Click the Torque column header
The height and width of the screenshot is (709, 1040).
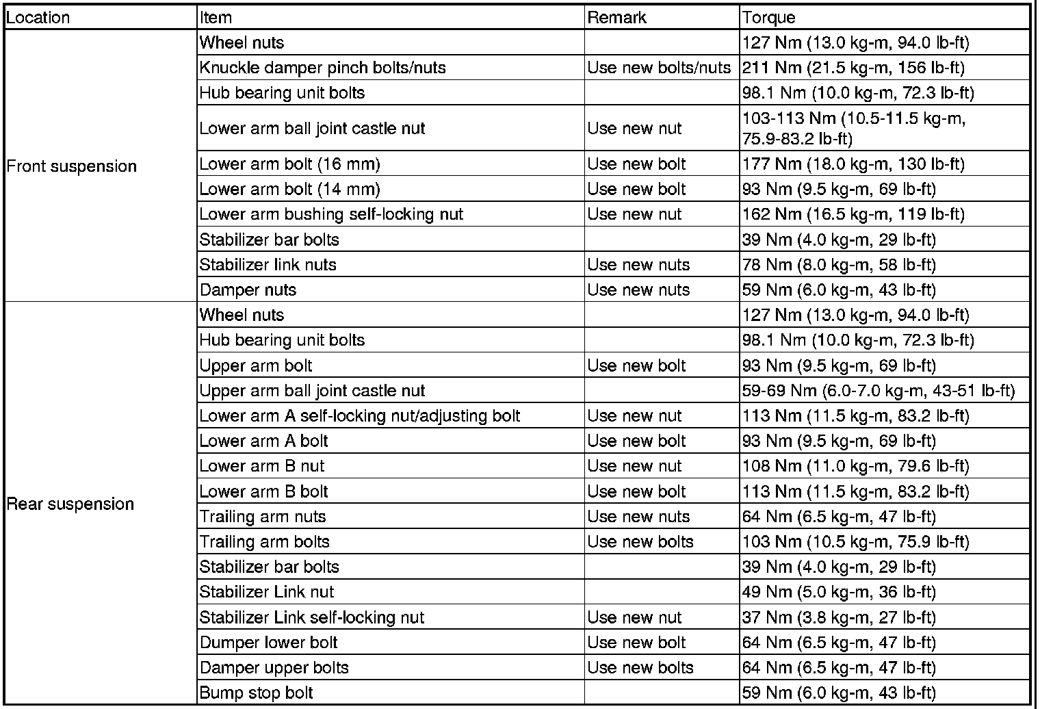pos(768,17)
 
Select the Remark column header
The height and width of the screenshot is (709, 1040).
pos(616,17)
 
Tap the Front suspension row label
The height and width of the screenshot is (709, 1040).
pos(71,166)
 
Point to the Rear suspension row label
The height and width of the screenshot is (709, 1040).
pos(70,504)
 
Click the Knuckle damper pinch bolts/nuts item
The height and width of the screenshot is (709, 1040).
pos(322,68)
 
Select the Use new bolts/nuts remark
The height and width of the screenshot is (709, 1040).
pos(659,68)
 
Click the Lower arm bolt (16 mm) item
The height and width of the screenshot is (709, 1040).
pos(289,164)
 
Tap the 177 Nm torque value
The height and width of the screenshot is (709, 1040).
pos(853,164)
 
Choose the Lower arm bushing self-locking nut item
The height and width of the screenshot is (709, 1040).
pos(331,214)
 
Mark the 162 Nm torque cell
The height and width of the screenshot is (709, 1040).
pos(853,214)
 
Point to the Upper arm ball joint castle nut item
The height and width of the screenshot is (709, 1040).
pos(312,391)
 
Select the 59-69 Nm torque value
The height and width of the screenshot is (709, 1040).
pos(878,391)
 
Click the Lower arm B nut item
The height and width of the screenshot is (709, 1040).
pos(261,466)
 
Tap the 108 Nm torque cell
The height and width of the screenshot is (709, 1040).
pos(855,466)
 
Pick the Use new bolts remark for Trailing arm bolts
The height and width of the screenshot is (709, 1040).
pos(640,542)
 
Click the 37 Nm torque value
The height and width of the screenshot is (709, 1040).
pos(838,617)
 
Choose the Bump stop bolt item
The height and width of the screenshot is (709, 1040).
pos(256,693)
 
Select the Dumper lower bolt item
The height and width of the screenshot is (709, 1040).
pos(268,643)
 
